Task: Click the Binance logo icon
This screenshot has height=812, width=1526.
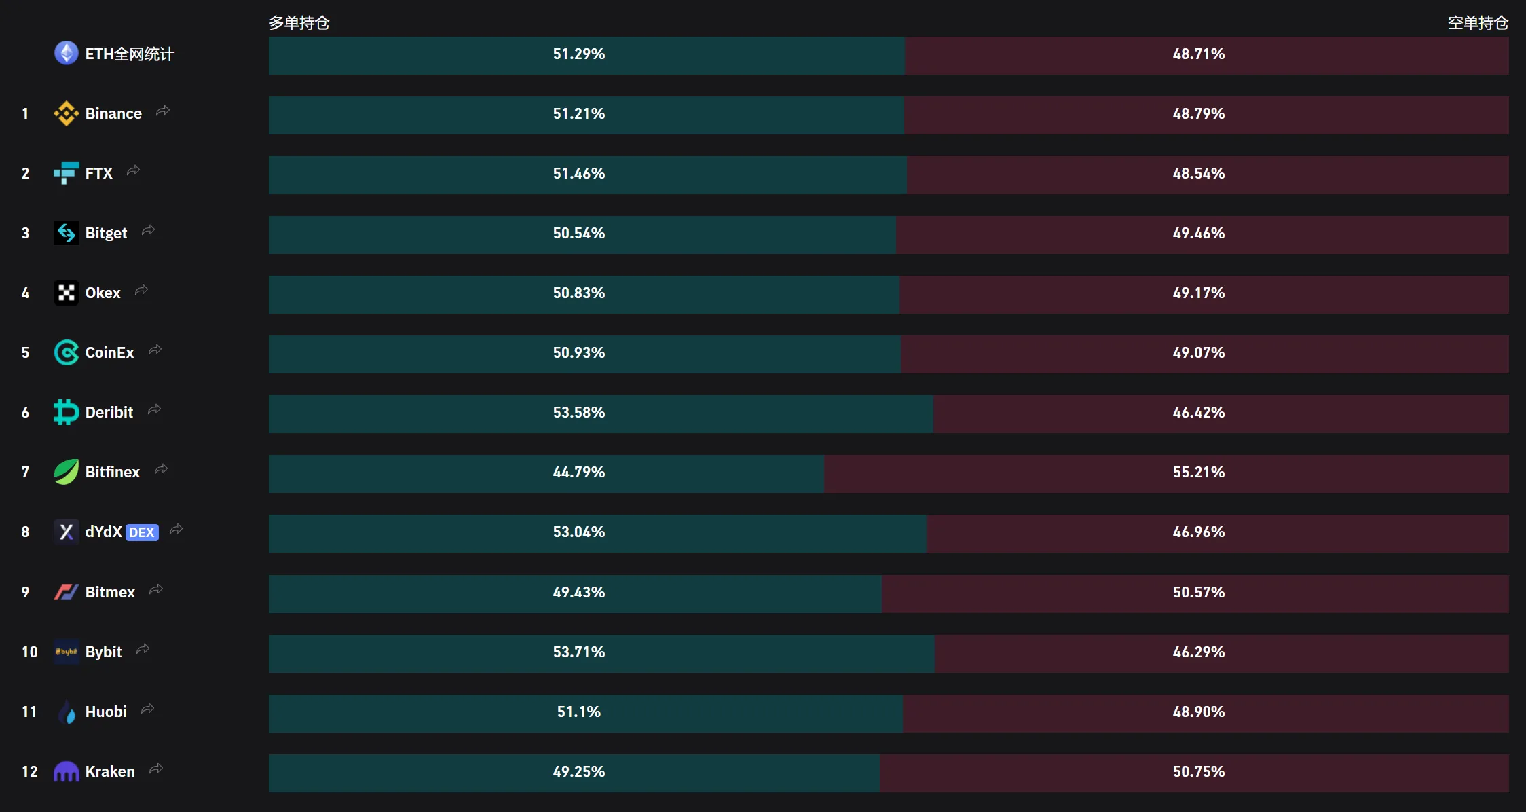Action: point(66,113)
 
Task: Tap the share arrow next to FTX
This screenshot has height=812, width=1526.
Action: point(133,170)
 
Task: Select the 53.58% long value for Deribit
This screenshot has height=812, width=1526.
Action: point(578,412)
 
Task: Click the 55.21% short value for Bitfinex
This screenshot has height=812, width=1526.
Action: point(1199,472)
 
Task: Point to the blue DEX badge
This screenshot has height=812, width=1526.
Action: point(142,532)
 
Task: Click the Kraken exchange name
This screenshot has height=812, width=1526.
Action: point(110,771)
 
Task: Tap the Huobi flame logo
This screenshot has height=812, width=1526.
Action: point(67,712)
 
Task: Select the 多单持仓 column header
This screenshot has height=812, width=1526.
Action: point(299,23)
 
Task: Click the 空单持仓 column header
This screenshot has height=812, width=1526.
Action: point(1478,23)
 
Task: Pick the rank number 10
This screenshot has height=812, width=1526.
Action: point(29,652)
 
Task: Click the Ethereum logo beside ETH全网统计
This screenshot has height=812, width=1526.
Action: point(67,53)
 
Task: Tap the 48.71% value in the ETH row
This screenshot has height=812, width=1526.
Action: point(1199,54)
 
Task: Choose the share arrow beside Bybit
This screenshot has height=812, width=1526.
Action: point(143,649)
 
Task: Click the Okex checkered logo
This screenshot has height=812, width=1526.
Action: point(67,293)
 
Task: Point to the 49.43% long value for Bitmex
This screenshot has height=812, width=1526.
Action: point(578,592)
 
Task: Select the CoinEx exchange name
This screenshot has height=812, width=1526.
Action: point(109,352)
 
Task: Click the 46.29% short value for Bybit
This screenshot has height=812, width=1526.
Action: point(1199,652)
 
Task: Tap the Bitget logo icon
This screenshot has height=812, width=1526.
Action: point(67,233)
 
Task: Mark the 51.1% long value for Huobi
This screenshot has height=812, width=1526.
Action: point(578,712)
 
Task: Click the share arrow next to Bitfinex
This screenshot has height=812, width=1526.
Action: point(161,469)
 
